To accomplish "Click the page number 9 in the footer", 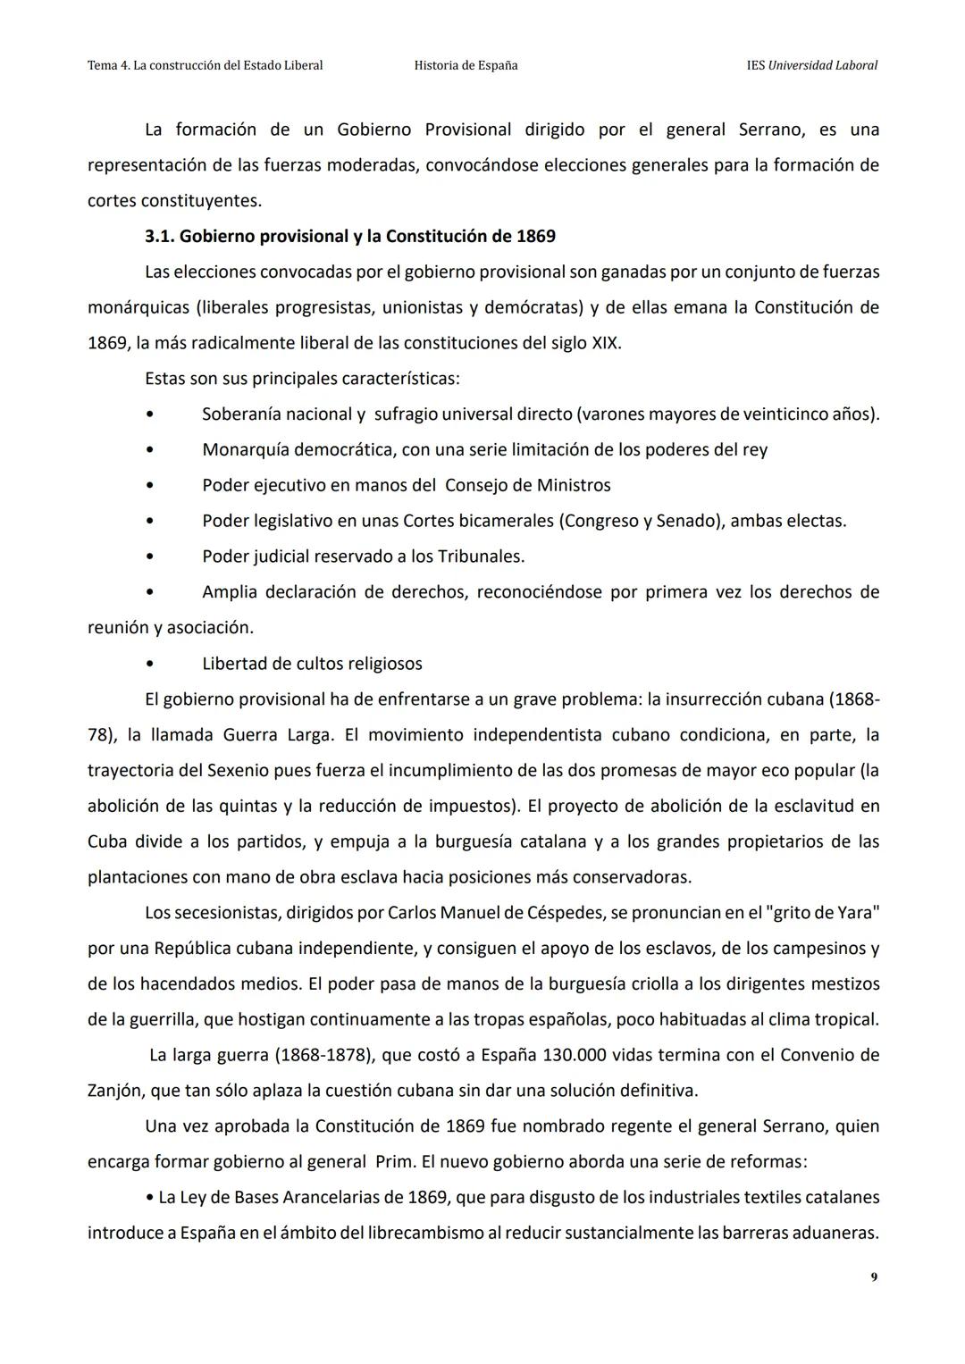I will click(873, 1277).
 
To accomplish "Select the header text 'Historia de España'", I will click(466, 65).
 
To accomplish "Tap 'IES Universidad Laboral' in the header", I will click(811, 65).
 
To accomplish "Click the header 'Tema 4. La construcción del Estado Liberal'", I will click(206, 65).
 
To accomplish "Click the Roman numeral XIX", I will click(606, 343).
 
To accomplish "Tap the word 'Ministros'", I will click(574, 485).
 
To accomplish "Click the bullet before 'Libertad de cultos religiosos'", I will click(150, 664).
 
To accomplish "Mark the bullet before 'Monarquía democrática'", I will click(150, 450).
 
